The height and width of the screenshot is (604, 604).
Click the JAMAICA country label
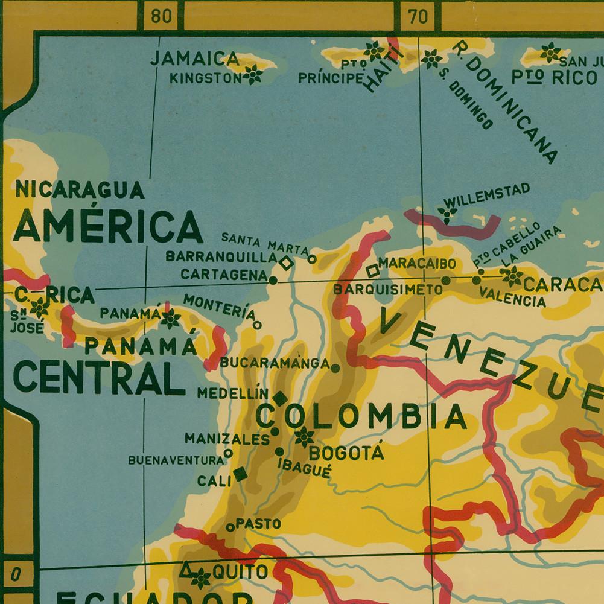[194, 59]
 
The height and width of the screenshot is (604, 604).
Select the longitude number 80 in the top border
[161, 16]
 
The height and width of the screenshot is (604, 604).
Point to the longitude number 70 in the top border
[418, 16]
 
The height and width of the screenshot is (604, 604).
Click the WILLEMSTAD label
[486, 195]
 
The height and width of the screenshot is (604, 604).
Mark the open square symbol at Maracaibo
[372, 271]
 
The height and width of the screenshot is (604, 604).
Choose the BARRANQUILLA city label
[221, 256]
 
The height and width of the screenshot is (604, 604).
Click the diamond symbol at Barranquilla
[286, 262]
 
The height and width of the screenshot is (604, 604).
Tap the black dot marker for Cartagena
[273, 280]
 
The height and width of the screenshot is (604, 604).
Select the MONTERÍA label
[218, 307]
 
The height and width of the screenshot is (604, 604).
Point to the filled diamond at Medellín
[280, 398]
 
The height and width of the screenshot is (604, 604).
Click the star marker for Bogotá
[303, 436]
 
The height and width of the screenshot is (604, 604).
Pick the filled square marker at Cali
[240, 474]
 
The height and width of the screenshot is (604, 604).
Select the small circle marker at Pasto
[230, 527]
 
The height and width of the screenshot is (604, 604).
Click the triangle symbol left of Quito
[187, 569]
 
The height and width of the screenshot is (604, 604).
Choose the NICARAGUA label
[80, 189]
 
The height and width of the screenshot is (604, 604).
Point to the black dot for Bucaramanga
[335, 367]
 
